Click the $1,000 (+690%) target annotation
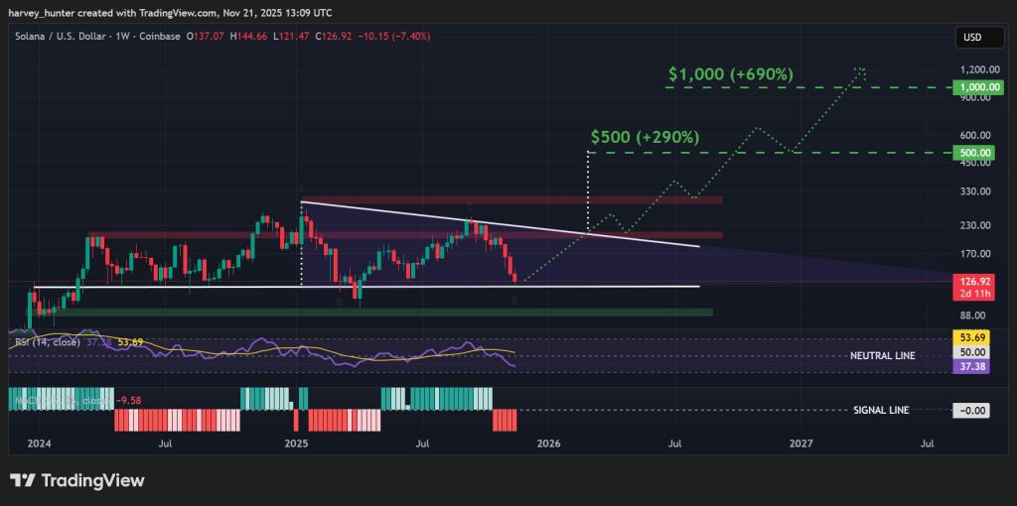click(730, 74)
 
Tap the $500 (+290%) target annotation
click(645, 136)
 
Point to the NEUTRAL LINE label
click(883, 355)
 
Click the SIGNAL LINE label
click(881, 410)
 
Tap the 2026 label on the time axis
click(548, 443)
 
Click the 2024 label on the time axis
click(39, 443)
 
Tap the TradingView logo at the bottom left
click(77, 481)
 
